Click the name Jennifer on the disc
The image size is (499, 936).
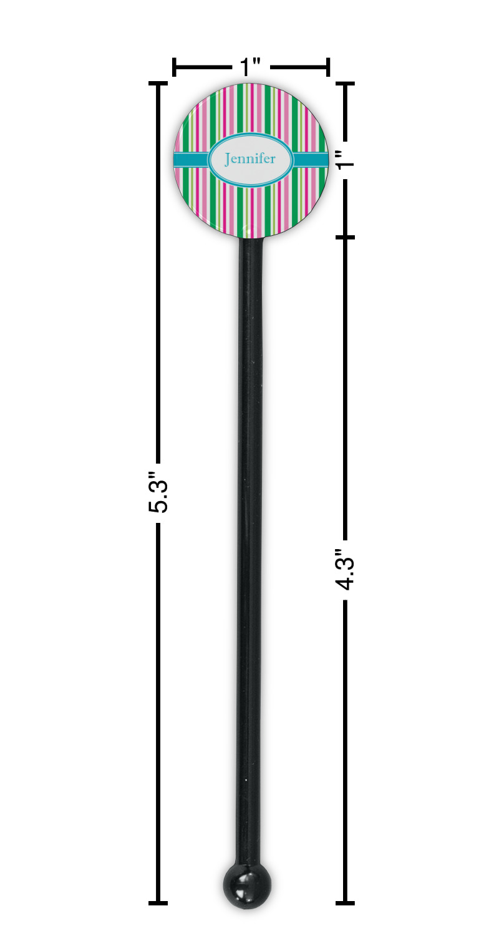249,159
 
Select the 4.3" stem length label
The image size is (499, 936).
346,569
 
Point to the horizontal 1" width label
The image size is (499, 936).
251,66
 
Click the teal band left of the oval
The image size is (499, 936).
191,160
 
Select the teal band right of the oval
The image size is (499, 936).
310,160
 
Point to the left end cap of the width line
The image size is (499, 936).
174,67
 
